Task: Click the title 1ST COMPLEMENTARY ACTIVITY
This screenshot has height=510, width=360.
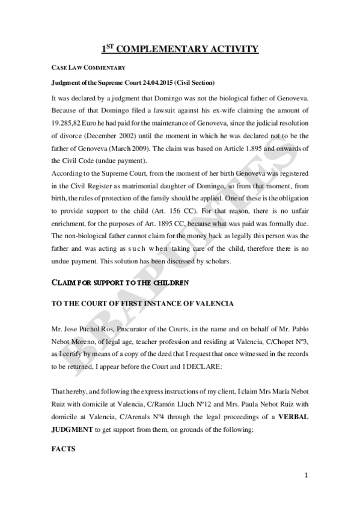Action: pos(180,49)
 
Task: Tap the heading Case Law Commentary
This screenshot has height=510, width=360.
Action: pos(87,67)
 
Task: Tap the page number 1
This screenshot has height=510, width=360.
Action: pos(307,475)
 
